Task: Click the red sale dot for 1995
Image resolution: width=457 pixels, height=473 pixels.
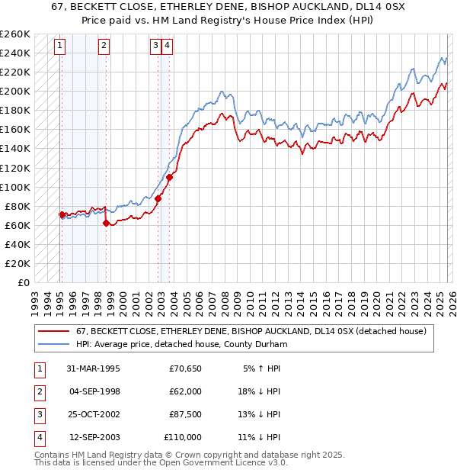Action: [62, 215]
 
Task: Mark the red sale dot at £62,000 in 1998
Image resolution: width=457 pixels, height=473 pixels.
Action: [106, 223]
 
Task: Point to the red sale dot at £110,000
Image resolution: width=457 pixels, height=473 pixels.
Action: [169, 177]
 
